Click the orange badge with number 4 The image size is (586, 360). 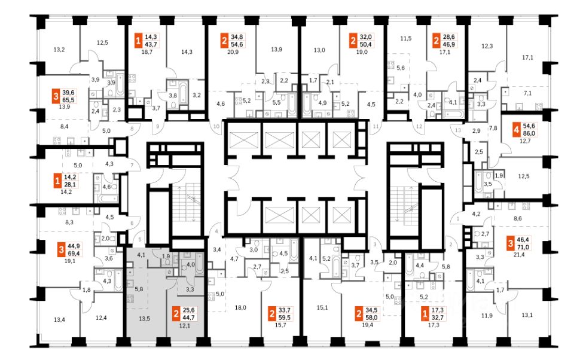click(517, 130)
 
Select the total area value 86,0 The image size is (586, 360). click(529, 133)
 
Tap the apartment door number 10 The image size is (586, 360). click(216, 126)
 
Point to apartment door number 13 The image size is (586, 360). click(458, 130)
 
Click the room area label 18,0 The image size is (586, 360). click(240, 307)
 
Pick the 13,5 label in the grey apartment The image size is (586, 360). click(144, 319)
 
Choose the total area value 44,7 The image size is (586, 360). click(189, 318)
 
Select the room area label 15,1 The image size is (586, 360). click(322, 307)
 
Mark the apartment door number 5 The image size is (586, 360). click(140, 239)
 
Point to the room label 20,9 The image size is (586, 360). click(233, 52)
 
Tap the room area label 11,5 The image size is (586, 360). click(406, 38)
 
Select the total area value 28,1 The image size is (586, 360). click(70, 185)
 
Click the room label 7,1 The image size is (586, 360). click(527, 93)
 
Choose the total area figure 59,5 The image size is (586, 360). click(285, 318)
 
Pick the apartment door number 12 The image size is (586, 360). click(419, 126)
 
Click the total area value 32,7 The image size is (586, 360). click(438, 318)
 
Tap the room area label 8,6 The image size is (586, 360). click(518, 218)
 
